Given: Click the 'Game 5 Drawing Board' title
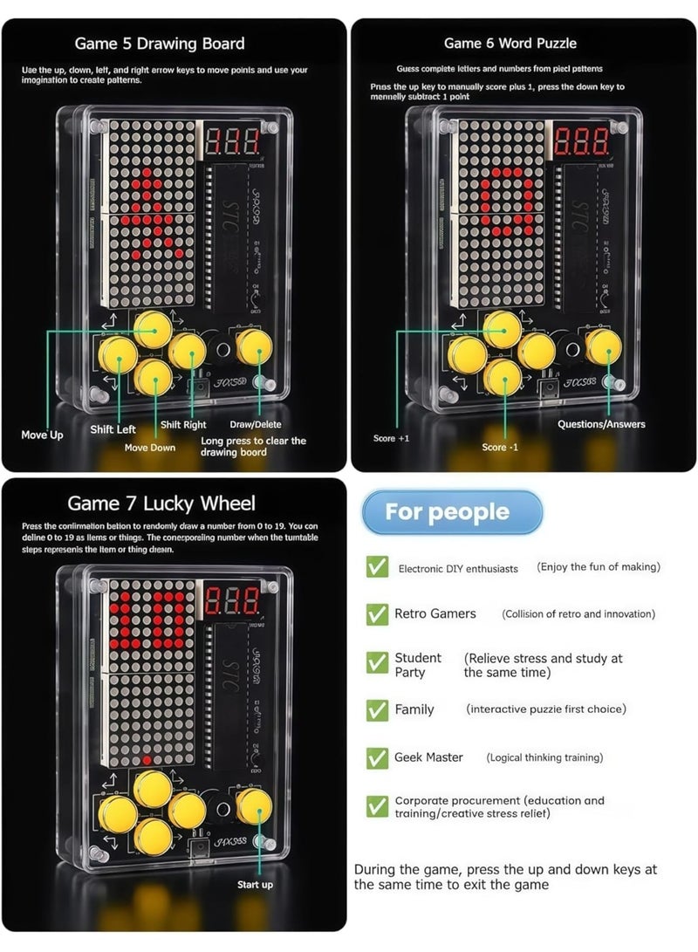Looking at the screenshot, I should [160, 44].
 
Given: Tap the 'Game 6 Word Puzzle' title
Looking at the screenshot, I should [510, 43].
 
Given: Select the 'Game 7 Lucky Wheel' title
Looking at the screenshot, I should [161, 503].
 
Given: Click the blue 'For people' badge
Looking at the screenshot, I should [447, 511].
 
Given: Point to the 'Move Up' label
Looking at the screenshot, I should [42, 435].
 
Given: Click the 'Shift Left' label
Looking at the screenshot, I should [113, 429].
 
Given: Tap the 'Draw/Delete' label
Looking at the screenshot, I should [255, 424].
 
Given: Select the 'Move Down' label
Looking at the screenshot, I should [149, 448].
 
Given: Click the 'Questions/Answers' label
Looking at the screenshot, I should [601, 424].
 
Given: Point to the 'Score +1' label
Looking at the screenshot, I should [391, 438].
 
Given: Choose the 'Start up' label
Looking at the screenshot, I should [255, 885].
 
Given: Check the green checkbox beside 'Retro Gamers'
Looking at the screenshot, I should [377, 614].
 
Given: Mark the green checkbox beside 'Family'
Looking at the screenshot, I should [377, 709].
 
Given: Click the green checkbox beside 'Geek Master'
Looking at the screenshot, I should [377, 757].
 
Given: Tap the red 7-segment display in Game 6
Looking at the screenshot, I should [582, 141].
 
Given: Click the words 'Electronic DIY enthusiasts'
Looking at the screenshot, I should [458, 569].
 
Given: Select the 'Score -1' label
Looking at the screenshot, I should [500, 447].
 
